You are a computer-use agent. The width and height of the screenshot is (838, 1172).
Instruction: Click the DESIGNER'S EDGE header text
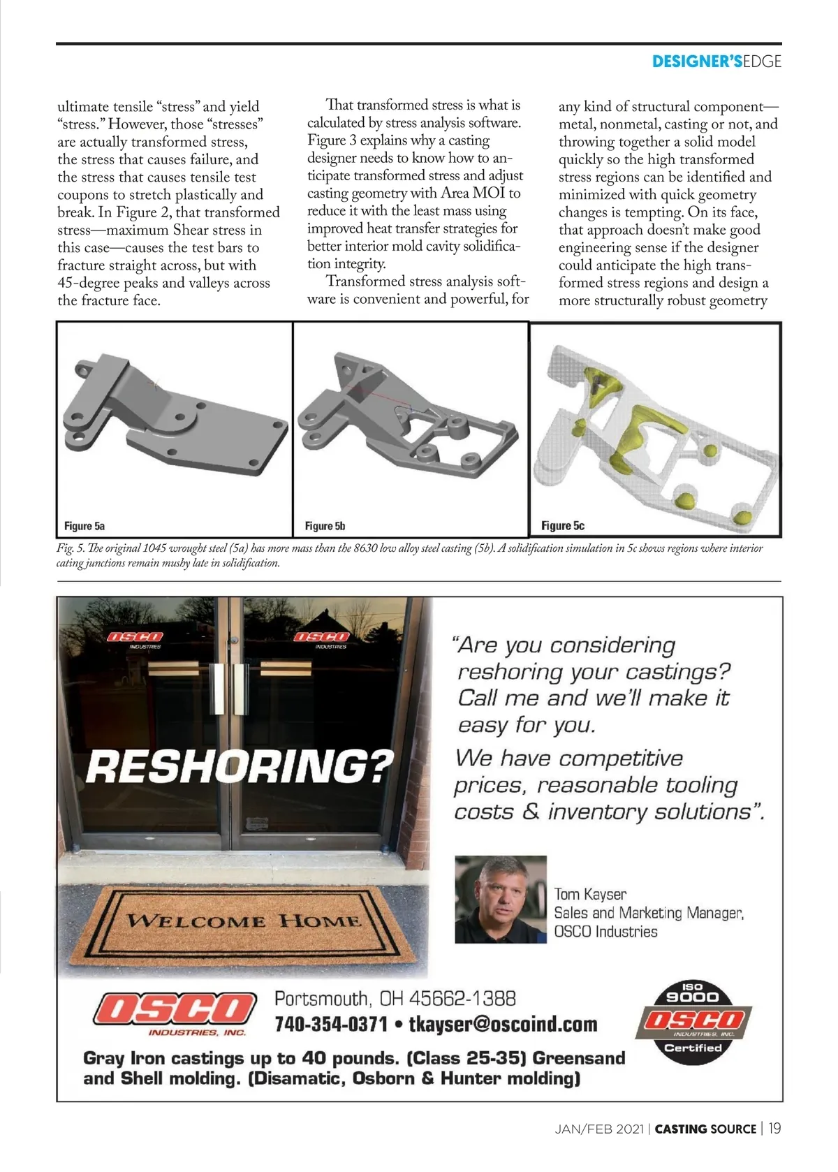(x=716, y=61)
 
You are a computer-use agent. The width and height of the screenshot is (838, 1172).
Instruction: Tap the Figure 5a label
(x=84, y=526)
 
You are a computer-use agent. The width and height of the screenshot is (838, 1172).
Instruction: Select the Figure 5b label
(x=325, y=526)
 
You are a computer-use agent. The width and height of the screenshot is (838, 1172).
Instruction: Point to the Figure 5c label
(x=563, y=526)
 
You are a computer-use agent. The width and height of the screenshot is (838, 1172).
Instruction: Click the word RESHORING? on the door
(x=240, y=767)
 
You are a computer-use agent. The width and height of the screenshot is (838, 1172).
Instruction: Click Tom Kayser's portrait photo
(x=500, y=900)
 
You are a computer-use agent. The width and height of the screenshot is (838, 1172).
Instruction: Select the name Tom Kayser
(x=590, y=895)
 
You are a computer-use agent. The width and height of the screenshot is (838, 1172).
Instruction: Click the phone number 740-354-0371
(x=331, y=1025)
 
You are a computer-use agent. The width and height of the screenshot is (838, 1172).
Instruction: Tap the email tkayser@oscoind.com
(x=503, y=1025)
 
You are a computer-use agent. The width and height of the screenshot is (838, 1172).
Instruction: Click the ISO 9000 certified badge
(x=692, y=1023)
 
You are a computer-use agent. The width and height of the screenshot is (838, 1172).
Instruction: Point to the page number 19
(x=774, y=1129)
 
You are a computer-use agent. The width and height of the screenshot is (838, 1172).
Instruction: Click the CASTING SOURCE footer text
(x=705, y=1129)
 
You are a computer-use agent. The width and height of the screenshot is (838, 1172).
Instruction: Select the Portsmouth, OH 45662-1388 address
(x=395, y=999)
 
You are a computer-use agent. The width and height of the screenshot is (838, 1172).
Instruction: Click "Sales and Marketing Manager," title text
(x=649, y=913)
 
